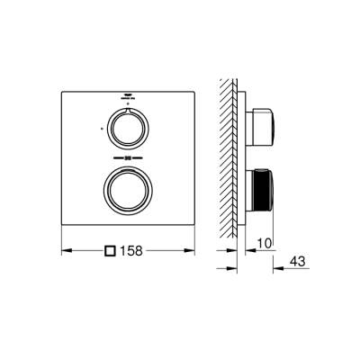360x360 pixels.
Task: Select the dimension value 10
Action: (x=262, y=242)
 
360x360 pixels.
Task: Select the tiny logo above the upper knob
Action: (x=128, y=96)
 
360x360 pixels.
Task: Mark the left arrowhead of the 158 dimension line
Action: (x=66, y=250)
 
